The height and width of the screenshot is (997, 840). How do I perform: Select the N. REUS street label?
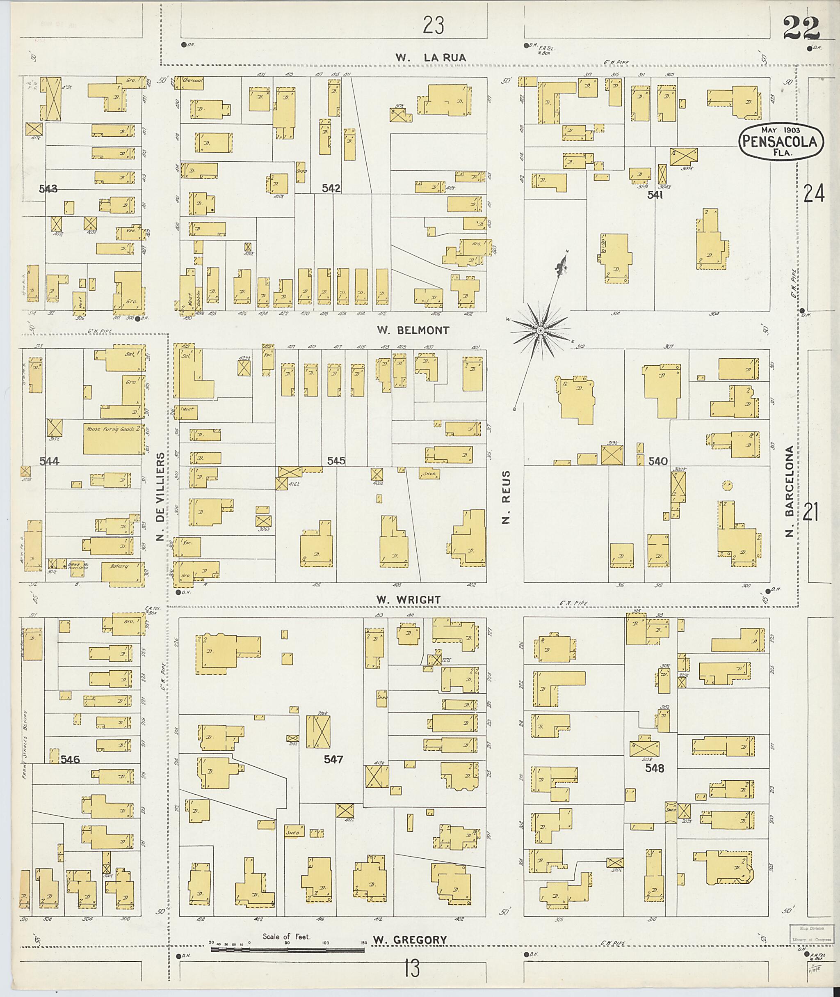tap(506, 497)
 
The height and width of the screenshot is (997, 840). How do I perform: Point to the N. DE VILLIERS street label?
tap(160, 497)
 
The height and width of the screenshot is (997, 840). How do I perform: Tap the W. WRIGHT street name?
tap(408, 600)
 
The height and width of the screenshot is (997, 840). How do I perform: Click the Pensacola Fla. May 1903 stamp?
tap(781, 141)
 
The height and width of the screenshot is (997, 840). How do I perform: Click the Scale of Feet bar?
tap(287, 949)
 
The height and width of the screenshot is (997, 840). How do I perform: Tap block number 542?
tap(331, 188)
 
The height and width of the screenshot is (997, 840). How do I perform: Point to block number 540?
tap(657, 461)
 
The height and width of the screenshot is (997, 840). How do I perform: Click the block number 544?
tap(49, 461)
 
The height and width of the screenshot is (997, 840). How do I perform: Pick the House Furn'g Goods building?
tap(113, 438)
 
